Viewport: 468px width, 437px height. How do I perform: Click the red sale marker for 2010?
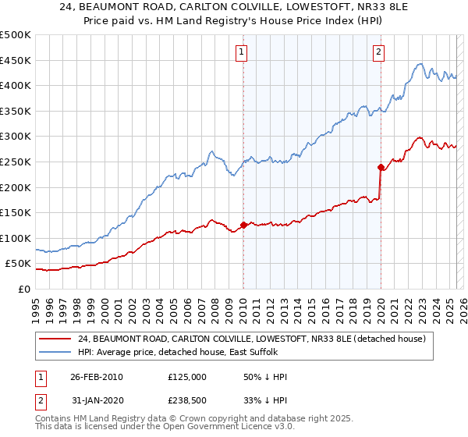[243, 225]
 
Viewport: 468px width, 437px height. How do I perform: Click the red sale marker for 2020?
[381, 166]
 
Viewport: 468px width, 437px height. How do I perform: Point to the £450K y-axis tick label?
[15, 60]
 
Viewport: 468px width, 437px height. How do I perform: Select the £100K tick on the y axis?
[15, 238]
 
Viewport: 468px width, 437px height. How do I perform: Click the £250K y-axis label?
[15, 162]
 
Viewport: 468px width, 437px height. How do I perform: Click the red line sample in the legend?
[55, 339]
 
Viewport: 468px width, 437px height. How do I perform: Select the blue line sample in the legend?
[55, 352]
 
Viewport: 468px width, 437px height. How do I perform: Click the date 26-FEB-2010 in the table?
[97, 377]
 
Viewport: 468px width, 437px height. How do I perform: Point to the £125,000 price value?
[186, 377]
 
